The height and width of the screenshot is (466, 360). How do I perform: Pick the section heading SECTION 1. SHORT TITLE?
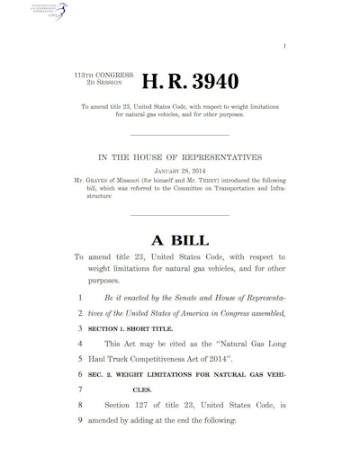127,330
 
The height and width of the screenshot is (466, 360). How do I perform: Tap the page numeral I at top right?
334,30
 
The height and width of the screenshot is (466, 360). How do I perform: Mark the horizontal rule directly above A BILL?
180,216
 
